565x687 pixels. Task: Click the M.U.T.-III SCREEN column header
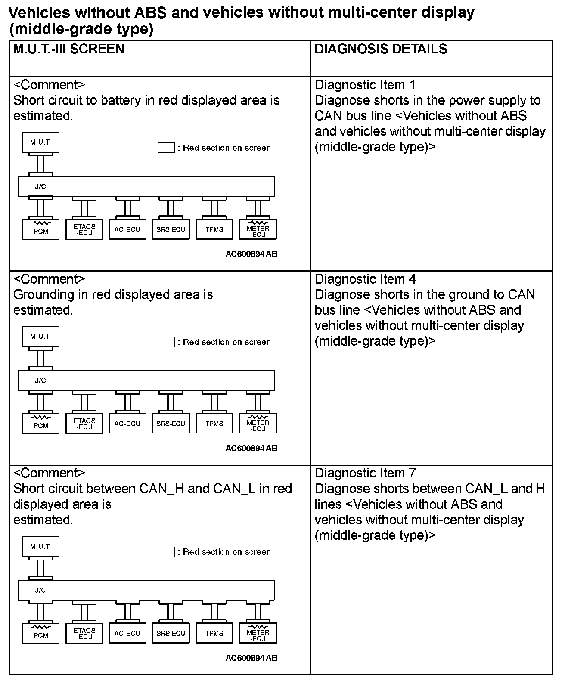[x=69, y=49]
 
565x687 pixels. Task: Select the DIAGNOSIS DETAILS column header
[x=381, y=49]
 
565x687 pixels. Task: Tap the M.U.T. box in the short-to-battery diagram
[x=40, y=142]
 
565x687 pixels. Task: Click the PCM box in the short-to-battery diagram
[x=41, y=229]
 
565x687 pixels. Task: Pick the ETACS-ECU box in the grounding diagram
[x=84, y=424]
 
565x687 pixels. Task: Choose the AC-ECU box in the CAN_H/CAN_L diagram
[x=127, y=633]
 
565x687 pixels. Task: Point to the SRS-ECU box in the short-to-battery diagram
[x=171, y=229]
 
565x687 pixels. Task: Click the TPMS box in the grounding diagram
[x=214, y=424]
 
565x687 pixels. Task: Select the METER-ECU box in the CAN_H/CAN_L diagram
[x=258, y=633]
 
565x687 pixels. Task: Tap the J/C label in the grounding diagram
[x=40, y=381]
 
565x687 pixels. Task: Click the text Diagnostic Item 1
[x=365, y=85]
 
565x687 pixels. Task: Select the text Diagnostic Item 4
[x=365, y=279]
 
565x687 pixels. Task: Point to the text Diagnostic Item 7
[x=365, y=473]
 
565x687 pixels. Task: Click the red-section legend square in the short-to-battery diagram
[x=166, y=148]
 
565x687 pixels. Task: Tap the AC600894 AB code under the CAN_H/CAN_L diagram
[x=251, y=658]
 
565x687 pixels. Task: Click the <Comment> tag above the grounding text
[x=50, y=279]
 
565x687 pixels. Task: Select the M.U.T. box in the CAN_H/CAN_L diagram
[x=40, y=547]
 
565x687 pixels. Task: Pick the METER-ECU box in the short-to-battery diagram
[x=258, y=229]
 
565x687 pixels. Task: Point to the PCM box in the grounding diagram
[x=41, y=424]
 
